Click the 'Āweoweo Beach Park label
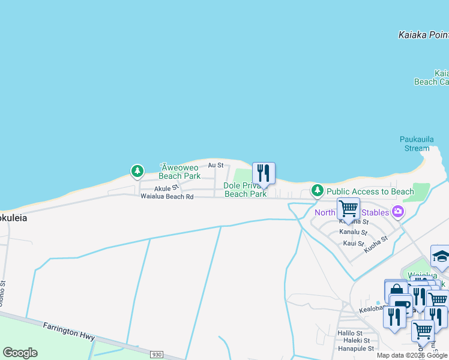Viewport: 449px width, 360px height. tap(179, 172)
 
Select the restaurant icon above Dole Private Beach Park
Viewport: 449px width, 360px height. tap(264, 174)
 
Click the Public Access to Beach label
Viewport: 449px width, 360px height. tap(370, 191)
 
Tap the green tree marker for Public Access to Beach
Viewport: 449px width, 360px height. tap(317, 191)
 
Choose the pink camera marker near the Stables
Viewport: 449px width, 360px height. tap(397, 211)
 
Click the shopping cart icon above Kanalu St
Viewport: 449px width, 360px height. tap(348, 209)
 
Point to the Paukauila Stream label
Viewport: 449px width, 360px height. tap(415, 144)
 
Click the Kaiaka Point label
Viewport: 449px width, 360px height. tap(423, 35)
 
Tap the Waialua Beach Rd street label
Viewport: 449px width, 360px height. tap(167, 196)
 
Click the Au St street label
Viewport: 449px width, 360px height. tap(215, 165)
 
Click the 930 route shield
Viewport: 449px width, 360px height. tap(156, 355)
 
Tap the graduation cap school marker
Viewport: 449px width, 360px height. tap(441, 257)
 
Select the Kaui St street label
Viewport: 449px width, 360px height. tap(353, 243)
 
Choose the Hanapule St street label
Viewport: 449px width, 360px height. tap(355, 348)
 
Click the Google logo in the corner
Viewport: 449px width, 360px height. tap(20, 353)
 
